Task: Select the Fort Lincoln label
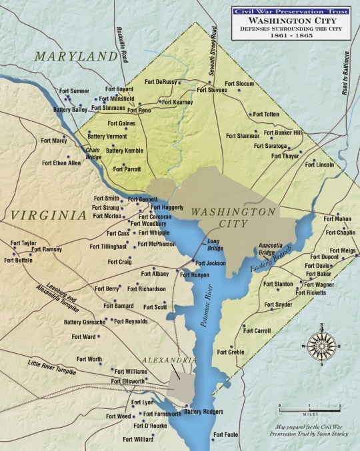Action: pos(319,163)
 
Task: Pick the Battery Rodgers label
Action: pos(203,412)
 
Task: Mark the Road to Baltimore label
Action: pos(347,74)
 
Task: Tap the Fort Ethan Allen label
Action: pos(61,163)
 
